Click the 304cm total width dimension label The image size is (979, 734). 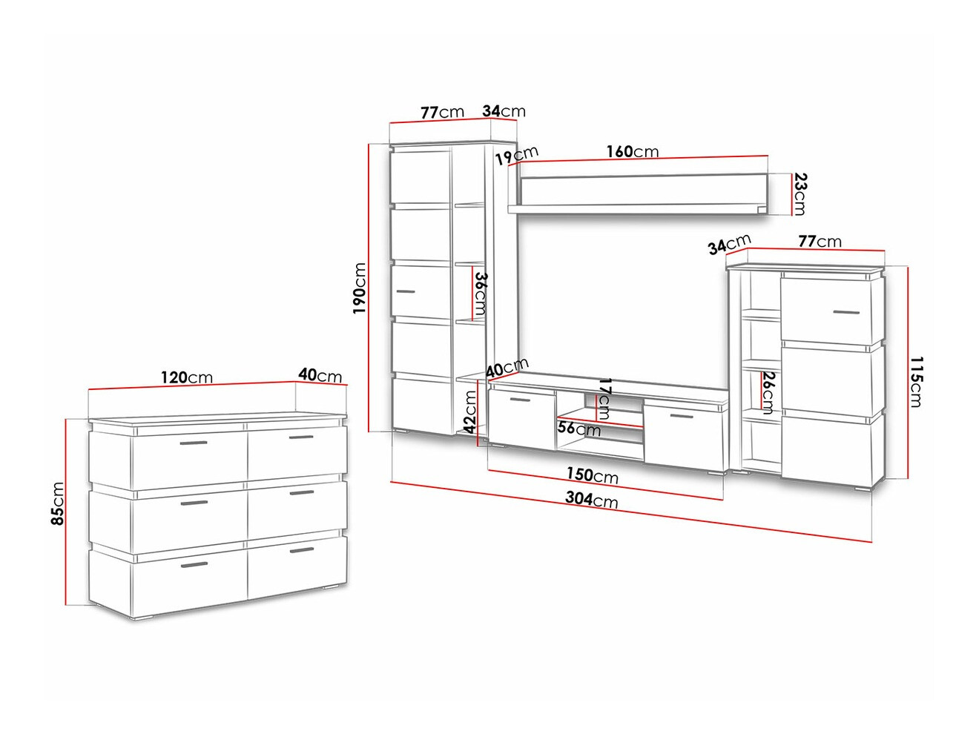click(591, 500)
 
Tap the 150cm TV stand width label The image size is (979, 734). click(593, 475)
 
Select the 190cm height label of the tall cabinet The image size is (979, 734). click(360, 288)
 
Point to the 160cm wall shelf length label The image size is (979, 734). click(632, 151)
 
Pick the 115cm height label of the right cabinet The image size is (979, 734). click(914, 382)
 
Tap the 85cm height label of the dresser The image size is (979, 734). click(58, 503)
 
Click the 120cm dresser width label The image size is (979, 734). click(186, 377)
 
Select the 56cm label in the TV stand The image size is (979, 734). click(579, 429)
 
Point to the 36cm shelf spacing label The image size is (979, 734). click(479, 294)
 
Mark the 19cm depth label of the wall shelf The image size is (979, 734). click(518, 156)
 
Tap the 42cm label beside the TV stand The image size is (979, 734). click(469, 411)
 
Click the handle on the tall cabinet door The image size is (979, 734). click(406, 292)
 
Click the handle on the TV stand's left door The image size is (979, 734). click(520, 400)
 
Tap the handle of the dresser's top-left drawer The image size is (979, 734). click(194, 443)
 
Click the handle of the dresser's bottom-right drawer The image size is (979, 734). click(302, 550)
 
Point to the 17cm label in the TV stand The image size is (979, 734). click(604, 400)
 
